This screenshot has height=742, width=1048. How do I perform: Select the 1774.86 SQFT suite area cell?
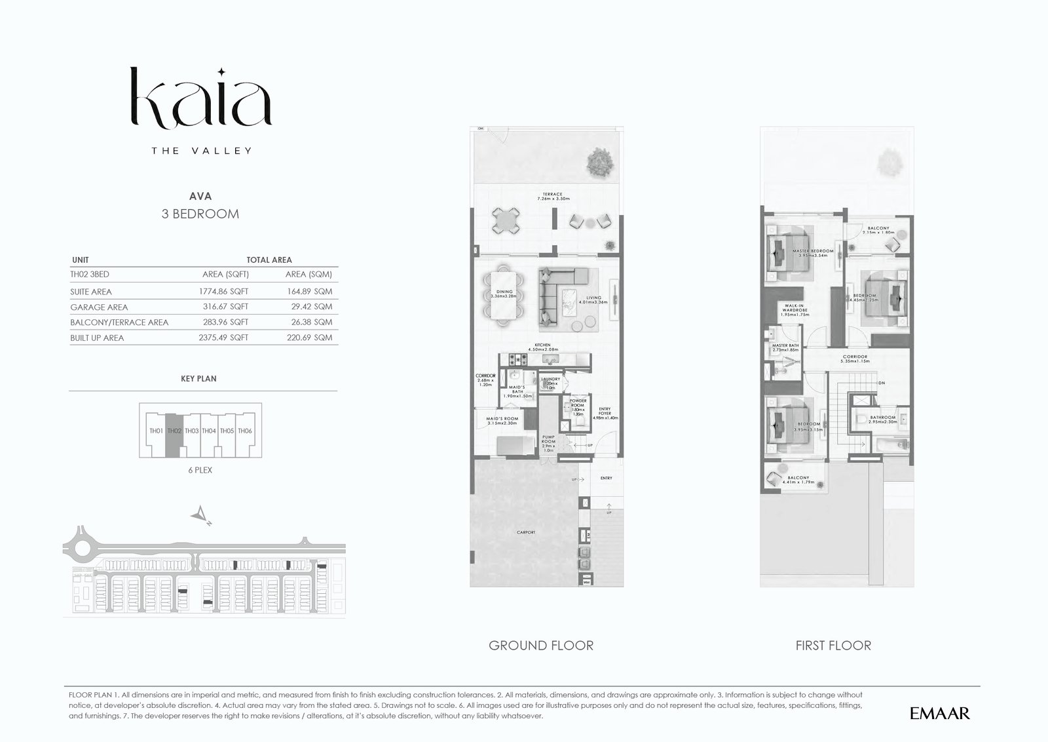[x=223, y=291]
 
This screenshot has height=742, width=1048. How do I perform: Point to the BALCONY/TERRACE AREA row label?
[x=119, y=322]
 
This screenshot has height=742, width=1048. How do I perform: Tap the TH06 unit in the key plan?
[x=245, y=431]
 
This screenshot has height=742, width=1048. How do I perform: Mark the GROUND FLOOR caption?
[x=541, y=646]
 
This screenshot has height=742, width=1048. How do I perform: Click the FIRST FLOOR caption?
[x=833, y=646]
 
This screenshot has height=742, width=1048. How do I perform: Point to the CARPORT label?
[x=526, y=532]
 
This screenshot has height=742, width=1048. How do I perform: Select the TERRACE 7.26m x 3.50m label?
[x=552, y=196]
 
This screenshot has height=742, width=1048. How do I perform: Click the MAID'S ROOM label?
[x=502, y=421]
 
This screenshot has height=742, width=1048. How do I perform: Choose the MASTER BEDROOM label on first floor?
[x=812, y=253]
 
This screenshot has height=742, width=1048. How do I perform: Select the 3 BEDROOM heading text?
[x=200, y=214]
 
